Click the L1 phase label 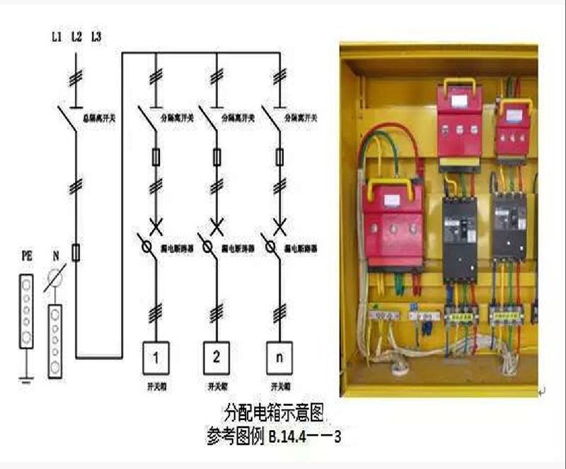coord(57,35)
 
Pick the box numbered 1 coord(156,358)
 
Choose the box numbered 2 coord(217,358)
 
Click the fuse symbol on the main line coord(76,252)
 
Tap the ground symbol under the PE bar coord(26,379)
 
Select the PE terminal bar coord(26,312)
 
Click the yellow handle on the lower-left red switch coord(393,186)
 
